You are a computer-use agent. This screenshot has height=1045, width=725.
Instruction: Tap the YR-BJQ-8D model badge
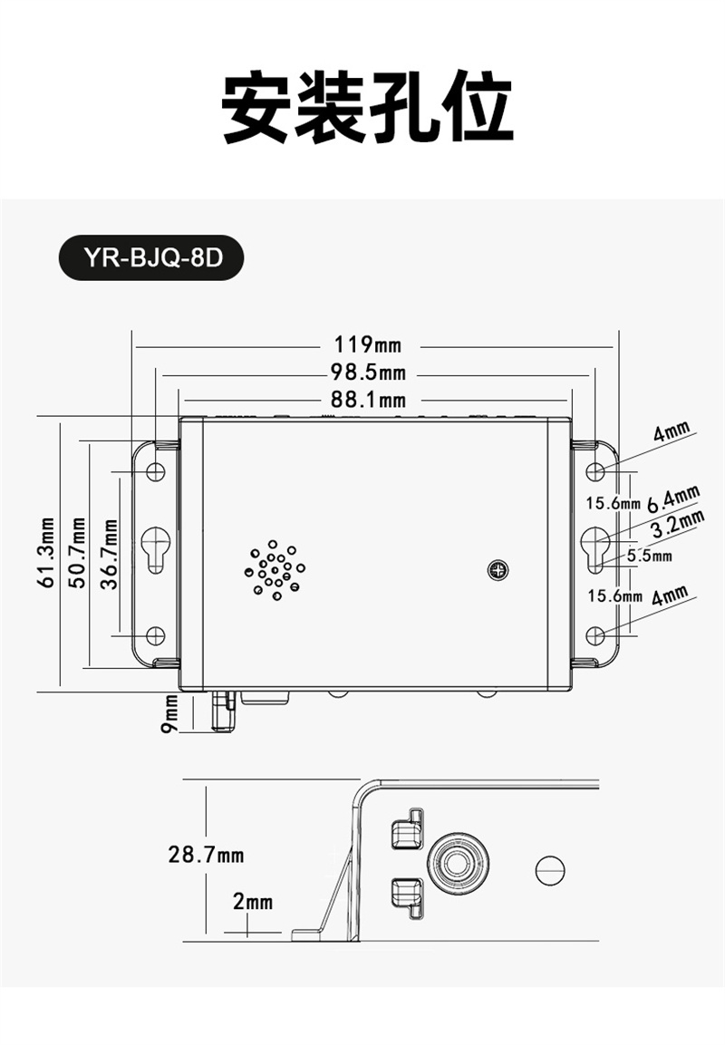click(152, 257)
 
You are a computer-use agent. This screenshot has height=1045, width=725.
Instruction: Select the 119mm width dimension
click(368, 345)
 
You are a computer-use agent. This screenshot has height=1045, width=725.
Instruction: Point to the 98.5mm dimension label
click(369, 372)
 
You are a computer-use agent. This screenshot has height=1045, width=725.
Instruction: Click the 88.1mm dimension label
click(369, 400)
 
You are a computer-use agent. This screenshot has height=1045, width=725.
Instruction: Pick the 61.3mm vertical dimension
click(46, 553)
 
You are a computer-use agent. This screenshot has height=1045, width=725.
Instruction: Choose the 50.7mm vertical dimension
click(77, 553)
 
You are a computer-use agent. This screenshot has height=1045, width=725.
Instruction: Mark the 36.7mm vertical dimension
click(109, 554)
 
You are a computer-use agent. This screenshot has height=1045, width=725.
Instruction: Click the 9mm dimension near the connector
click(170, 714)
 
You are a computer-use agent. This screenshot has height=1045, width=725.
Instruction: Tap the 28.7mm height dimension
click(206, 855)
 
